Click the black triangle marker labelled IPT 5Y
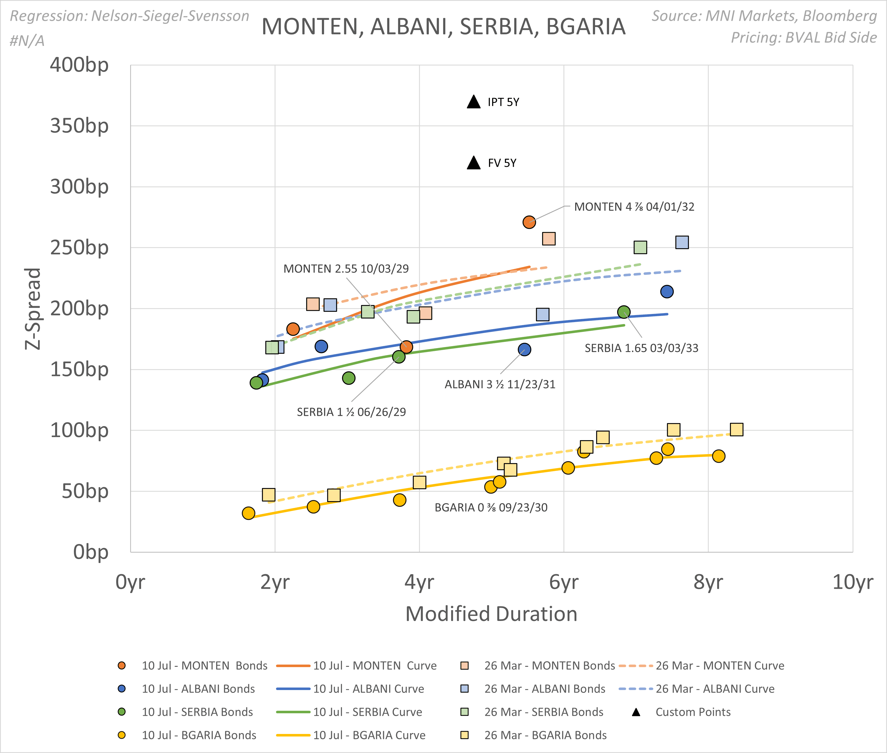point(474,102)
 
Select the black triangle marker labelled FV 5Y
point(474,163)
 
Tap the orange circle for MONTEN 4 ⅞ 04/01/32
point(529,222)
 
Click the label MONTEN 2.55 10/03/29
point(346,269)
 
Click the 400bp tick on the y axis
point(79,65)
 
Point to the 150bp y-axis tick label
point(79,370)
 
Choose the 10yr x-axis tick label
point(852,582)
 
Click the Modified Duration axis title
point(491,614)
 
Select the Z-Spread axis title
point(33,309)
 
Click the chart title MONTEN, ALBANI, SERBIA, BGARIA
point(443,27)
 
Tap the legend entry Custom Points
point(693,712)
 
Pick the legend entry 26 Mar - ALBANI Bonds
point(544,689)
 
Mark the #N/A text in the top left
point(27,41)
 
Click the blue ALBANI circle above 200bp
point(667,292)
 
